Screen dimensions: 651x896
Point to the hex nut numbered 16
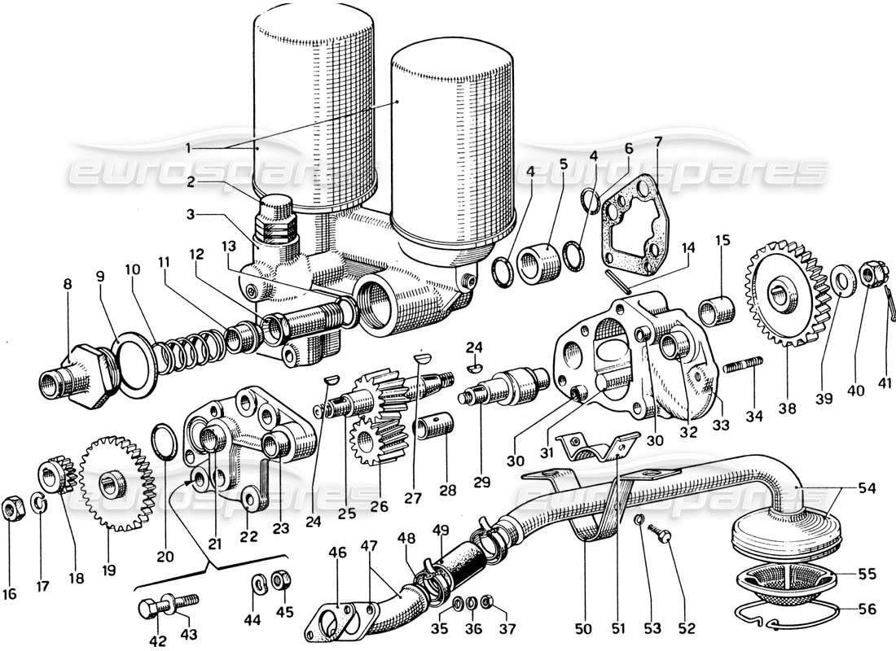[x=12, y=510]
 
